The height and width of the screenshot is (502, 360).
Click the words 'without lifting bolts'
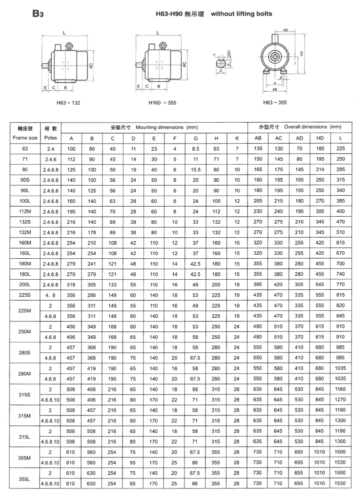[x=241, y=14]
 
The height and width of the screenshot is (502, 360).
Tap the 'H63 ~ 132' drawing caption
[x=68, y=103]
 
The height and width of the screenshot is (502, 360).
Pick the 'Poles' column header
[x=50, y=137]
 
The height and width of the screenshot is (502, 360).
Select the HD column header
[x=320, y=138]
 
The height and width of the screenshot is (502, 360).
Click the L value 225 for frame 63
[x=341, y=149]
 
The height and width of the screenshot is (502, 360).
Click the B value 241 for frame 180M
[x=91, y=263]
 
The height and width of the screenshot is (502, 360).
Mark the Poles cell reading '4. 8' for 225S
[x=50, y=295]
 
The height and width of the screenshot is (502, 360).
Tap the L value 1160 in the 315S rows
[x=341, y=389]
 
